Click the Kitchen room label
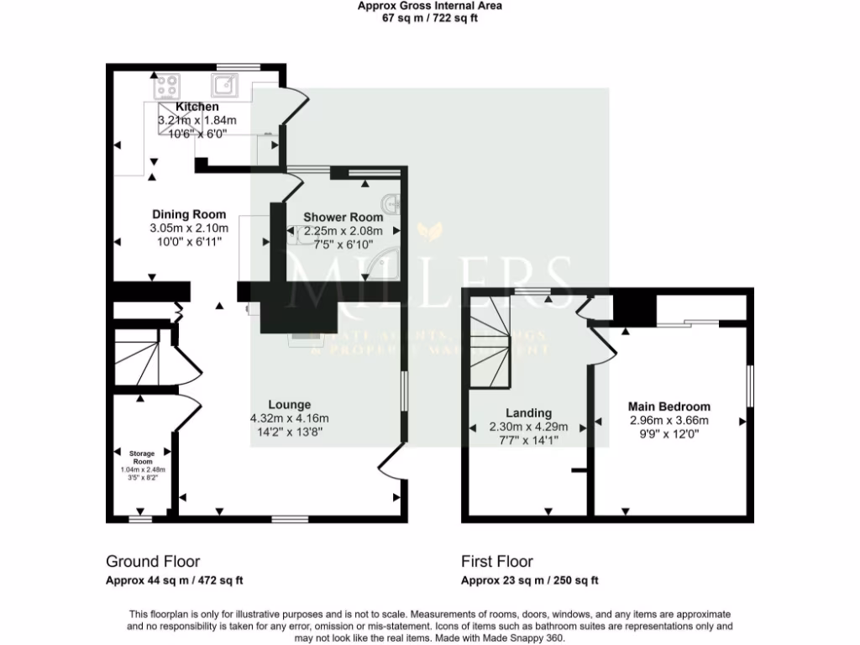(x=197, y=107)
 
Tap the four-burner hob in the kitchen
(x=166, y=85)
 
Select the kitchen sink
(x=225, y=84)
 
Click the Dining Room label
(x=189, y=214)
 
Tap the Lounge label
(x=289, y=404)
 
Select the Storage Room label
(x=143, y=457)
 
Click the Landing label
(x=528, y=412)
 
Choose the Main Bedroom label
(x=669, y=406)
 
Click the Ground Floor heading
(x=153, y=561)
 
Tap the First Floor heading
(x=497, y=561)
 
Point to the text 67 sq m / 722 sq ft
(x=429, y=18)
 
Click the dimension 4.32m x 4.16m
(x=289, y=418)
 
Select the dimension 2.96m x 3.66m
(x=669, y=420)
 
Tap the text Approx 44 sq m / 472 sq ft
(x=175, y=580)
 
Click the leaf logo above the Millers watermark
(x=430, y=230)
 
